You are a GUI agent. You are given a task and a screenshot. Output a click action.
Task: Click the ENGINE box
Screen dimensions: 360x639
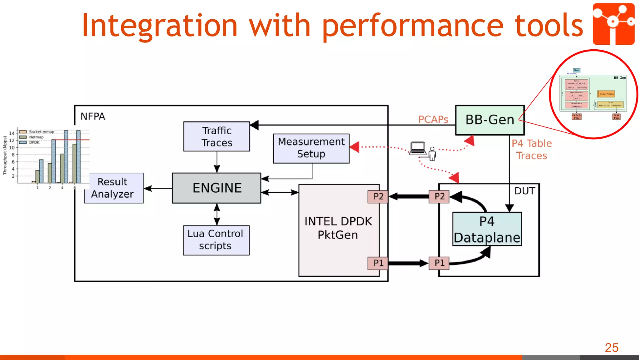click(x=217, y=188)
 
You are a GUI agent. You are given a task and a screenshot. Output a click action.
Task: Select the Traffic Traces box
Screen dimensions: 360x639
click(x=217, y=136)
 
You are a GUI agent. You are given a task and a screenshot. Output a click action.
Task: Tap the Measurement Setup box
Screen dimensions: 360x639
click(x=311, y=148)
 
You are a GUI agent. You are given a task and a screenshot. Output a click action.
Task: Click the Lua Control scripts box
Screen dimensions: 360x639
click(x=216, y=240)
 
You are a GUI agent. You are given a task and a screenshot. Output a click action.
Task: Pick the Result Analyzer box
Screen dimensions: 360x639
click(x=113, y=188)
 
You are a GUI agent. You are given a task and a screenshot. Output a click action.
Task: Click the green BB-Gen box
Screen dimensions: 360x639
click(x=490, y=120)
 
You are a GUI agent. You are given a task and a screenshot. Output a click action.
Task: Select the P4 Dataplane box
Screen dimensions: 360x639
click(x=487, y=229)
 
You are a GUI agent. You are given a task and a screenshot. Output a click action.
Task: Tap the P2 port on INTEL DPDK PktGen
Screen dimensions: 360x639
click(x=378, y=197)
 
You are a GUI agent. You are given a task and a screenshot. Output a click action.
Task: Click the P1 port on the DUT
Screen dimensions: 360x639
click(x=439, y=263)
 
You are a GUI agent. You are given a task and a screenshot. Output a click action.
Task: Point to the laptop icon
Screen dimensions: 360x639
click(x=418, y=148)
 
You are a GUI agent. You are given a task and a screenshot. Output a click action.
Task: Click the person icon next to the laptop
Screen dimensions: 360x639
click(x=432, y=154)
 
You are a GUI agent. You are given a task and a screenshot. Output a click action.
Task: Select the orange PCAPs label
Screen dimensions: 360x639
click(x=433, y=120)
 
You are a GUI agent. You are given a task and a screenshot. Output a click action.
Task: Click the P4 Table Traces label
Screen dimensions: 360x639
click(x=532, y=149)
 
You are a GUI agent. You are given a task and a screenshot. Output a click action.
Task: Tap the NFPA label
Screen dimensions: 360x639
click(x=93, y=116)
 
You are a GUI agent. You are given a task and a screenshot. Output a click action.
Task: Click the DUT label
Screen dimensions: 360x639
click(x=524, y=191)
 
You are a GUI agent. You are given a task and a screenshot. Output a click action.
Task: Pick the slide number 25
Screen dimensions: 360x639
click(x=611, y=348)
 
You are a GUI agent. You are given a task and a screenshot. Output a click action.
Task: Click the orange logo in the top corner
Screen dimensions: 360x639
click(x=613, y=24)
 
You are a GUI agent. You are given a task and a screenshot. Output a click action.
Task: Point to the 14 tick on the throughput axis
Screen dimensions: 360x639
click(x=12, y=133)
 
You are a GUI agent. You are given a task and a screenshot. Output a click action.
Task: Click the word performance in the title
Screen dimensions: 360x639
click(x=412, y=26)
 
